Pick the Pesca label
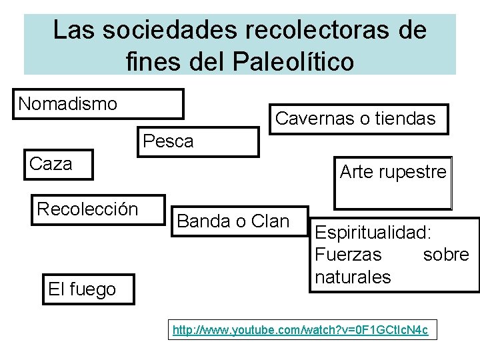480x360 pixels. pyautogui.click(x=169, y=141)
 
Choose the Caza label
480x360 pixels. pyautogui.click(x=51, y=164)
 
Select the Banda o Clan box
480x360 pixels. pyautogui.click(x=233, y=221)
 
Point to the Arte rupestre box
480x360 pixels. pyautogui.click(x=393, y=182)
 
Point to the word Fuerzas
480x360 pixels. pyautogui.click(x=349, y=255)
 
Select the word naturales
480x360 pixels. pyautogui.click(x=353, y=277)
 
